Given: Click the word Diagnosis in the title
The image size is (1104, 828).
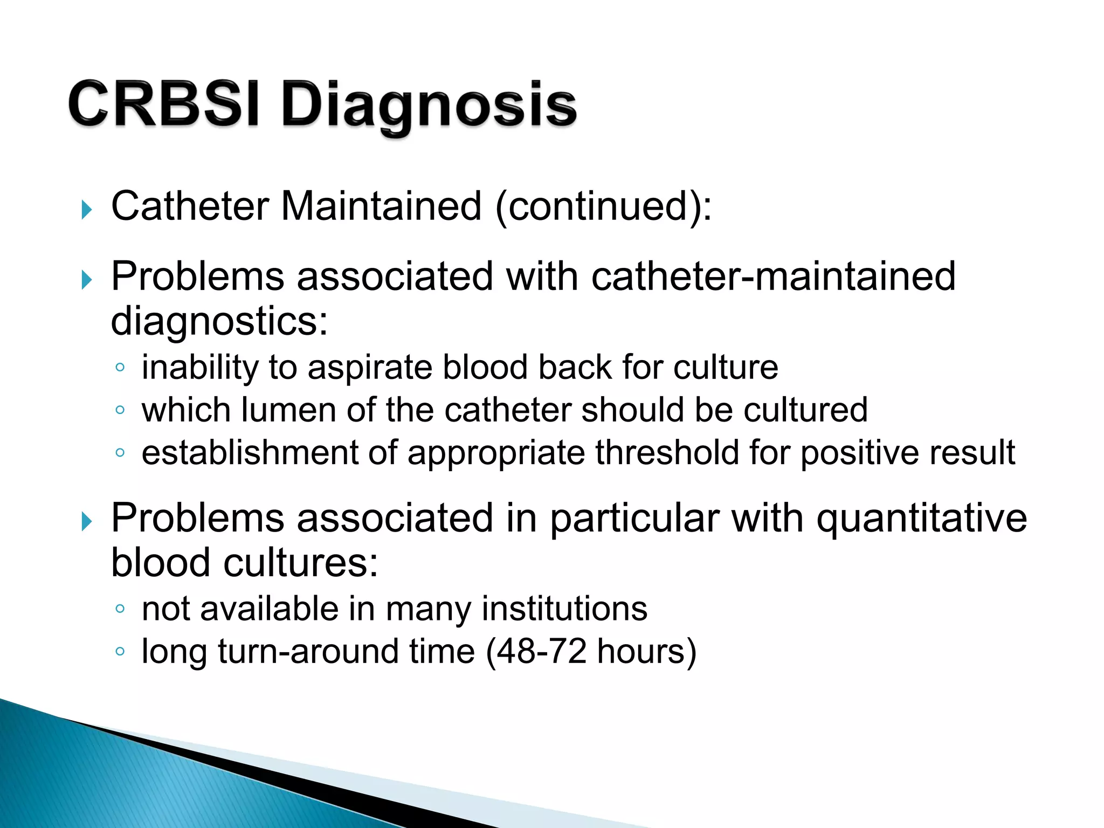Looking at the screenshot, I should tap(429, 107).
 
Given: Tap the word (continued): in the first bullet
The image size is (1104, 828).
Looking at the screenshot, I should tap(603, 206).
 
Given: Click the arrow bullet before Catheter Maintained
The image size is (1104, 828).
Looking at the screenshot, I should tap(87, 209).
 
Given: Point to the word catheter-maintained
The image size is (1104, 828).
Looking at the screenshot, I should tap(773, 277).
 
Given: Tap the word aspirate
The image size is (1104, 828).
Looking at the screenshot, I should tap(370, 368).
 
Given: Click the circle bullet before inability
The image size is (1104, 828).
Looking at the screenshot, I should tap(120, 368).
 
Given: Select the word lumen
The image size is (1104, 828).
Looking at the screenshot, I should tap(288, 410).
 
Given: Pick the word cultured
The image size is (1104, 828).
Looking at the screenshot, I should tap(805, 410).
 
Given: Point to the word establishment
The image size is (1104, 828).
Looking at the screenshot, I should tap(250, 453).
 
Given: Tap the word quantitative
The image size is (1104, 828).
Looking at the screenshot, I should tap(921, 518).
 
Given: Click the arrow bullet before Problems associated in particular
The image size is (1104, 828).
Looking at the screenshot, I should tap(87, 521).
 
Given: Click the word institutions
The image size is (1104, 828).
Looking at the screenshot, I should tap(564, 609).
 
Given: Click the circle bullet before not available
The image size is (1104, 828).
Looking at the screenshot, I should tap(120, 609).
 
